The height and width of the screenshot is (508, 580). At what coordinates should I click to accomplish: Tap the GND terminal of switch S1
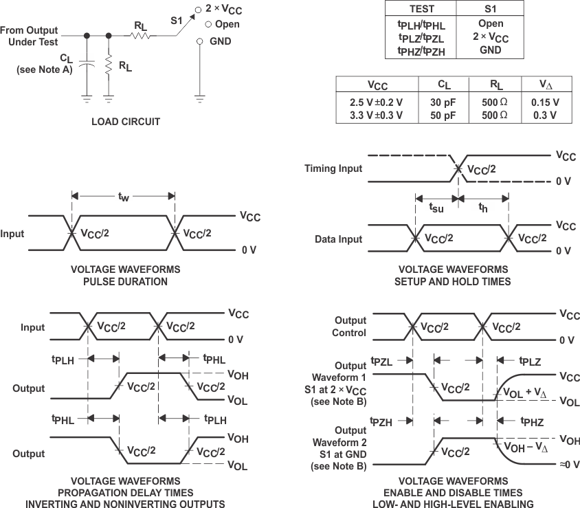coord(199,41)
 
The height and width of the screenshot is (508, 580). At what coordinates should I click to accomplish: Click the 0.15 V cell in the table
coord(545,102)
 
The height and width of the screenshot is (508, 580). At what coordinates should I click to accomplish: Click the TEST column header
coord(422,9)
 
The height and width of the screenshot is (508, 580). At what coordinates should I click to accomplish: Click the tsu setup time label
coord(436,206)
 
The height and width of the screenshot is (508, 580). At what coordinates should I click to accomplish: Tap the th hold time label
coord(484,206)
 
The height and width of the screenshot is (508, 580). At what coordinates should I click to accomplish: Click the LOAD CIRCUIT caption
coord(126,122)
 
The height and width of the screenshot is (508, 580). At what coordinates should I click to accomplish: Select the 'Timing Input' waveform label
coord(333,168)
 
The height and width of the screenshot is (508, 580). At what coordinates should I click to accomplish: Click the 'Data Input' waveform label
coord(339,239)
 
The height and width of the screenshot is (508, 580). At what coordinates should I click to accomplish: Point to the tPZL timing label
coord(381,361)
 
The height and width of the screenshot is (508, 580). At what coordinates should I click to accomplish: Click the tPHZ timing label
coord(531,422)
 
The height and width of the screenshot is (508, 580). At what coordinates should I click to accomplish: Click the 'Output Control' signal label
coord(350,327)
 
